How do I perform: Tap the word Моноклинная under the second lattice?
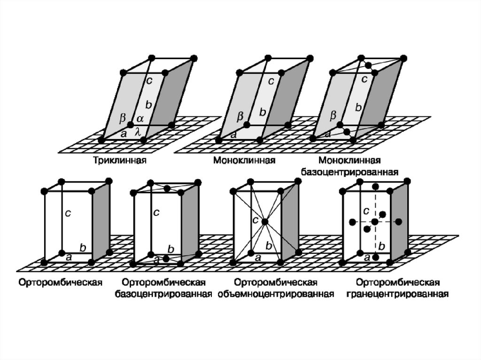[x=244, y=161]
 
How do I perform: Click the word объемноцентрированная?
[x=276, y=294]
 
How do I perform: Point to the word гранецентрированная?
[x=397, y=294]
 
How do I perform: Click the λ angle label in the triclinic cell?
[x=138, y=133]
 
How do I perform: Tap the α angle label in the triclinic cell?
[x=140, y=119]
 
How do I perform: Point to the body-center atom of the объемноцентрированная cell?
[x=265, y=221]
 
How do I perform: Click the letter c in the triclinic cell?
[x=149, y=80]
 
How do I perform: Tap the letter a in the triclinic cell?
[x=124, y=134]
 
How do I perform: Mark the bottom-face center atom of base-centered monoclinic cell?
[x=347, y=132]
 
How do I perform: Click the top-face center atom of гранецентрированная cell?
[x=375, y=187]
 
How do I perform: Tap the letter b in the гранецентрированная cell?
[x=381, y=246]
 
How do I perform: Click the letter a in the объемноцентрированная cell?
[x=257, y=257]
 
